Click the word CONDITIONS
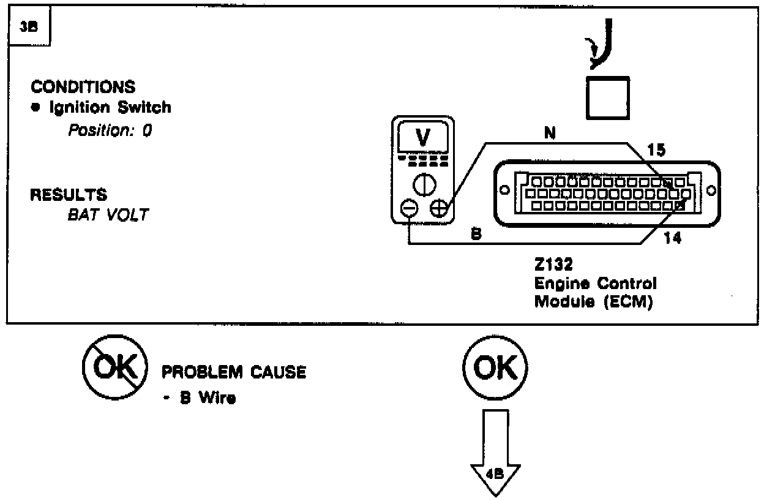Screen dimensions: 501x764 point(83,87)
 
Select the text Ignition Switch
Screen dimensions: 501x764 point(107,108)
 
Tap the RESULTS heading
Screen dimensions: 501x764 point(69,195)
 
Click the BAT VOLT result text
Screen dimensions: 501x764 point(108,216)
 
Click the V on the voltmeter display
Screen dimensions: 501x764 point(422,138)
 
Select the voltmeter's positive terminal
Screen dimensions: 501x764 point(439,209)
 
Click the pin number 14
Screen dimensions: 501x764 point(672,238)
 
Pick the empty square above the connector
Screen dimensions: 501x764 point(606,97)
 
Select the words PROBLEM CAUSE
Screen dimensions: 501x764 point(233,372)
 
